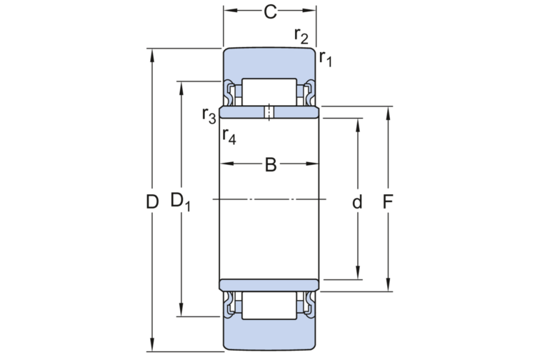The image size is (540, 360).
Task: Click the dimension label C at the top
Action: tap(270, 12)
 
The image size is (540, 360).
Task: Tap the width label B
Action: tap(271, 165)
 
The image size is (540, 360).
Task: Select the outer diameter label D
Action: tap(152, 202)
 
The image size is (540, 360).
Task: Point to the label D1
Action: tap(180, 202)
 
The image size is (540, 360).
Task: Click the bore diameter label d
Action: tap(357, 201)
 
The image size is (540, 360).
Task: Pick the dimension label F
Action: tap(388, 201)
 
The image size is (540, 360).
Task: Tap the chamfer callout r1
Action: tap(326, 59)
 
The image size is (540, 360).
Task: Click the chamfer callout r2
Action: tap(301, 36)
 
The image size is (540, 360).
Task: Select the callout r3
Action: tap(209, 116)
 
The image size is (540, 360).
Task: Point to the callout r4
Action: tap(229, 136)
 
